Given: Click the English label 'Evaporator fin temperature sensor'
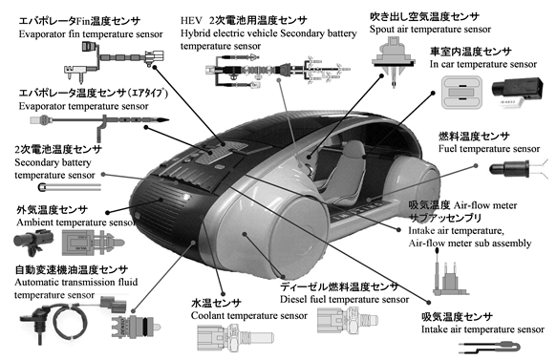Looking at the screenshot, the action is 91,34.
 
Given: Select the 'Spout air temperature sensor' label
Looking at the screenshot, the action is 430,29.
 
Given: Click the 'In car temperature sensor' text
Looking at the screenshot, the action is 483,64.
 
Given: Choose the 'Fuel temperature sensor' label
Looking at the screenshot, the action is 489,148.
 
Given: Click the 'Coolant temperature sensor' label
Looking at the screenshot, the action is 249,315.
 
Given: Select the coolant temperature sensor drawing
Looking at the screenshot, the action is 235,336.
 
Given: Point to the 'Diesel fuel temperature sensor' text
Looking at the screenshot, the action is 344,299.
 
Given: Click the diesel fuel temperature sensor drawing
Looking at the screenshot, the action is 348,320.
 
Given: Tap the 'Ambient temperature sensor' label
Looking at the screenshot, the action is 75,222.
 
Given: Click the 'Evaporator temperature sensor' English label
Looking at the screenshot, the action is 83,106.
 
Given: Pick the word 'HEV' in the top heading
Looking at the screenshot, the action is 191,20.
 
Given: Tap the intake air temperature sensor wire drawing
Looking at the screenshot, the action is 489,348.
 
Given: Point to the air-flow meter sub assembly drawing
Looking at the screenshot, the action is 450,272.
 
